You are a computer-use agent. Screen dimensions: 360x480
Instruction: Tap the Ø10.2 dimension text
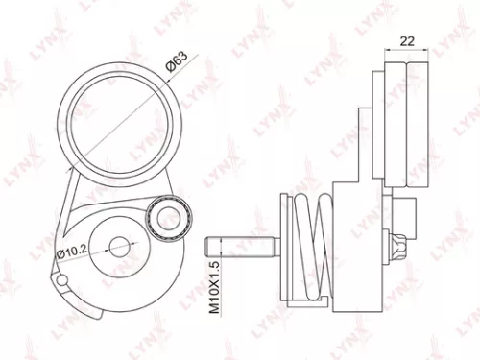click(x=74, y=252)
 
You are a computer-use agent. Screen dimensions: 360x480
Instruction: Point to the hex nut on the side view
click(x=399, y=247)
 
